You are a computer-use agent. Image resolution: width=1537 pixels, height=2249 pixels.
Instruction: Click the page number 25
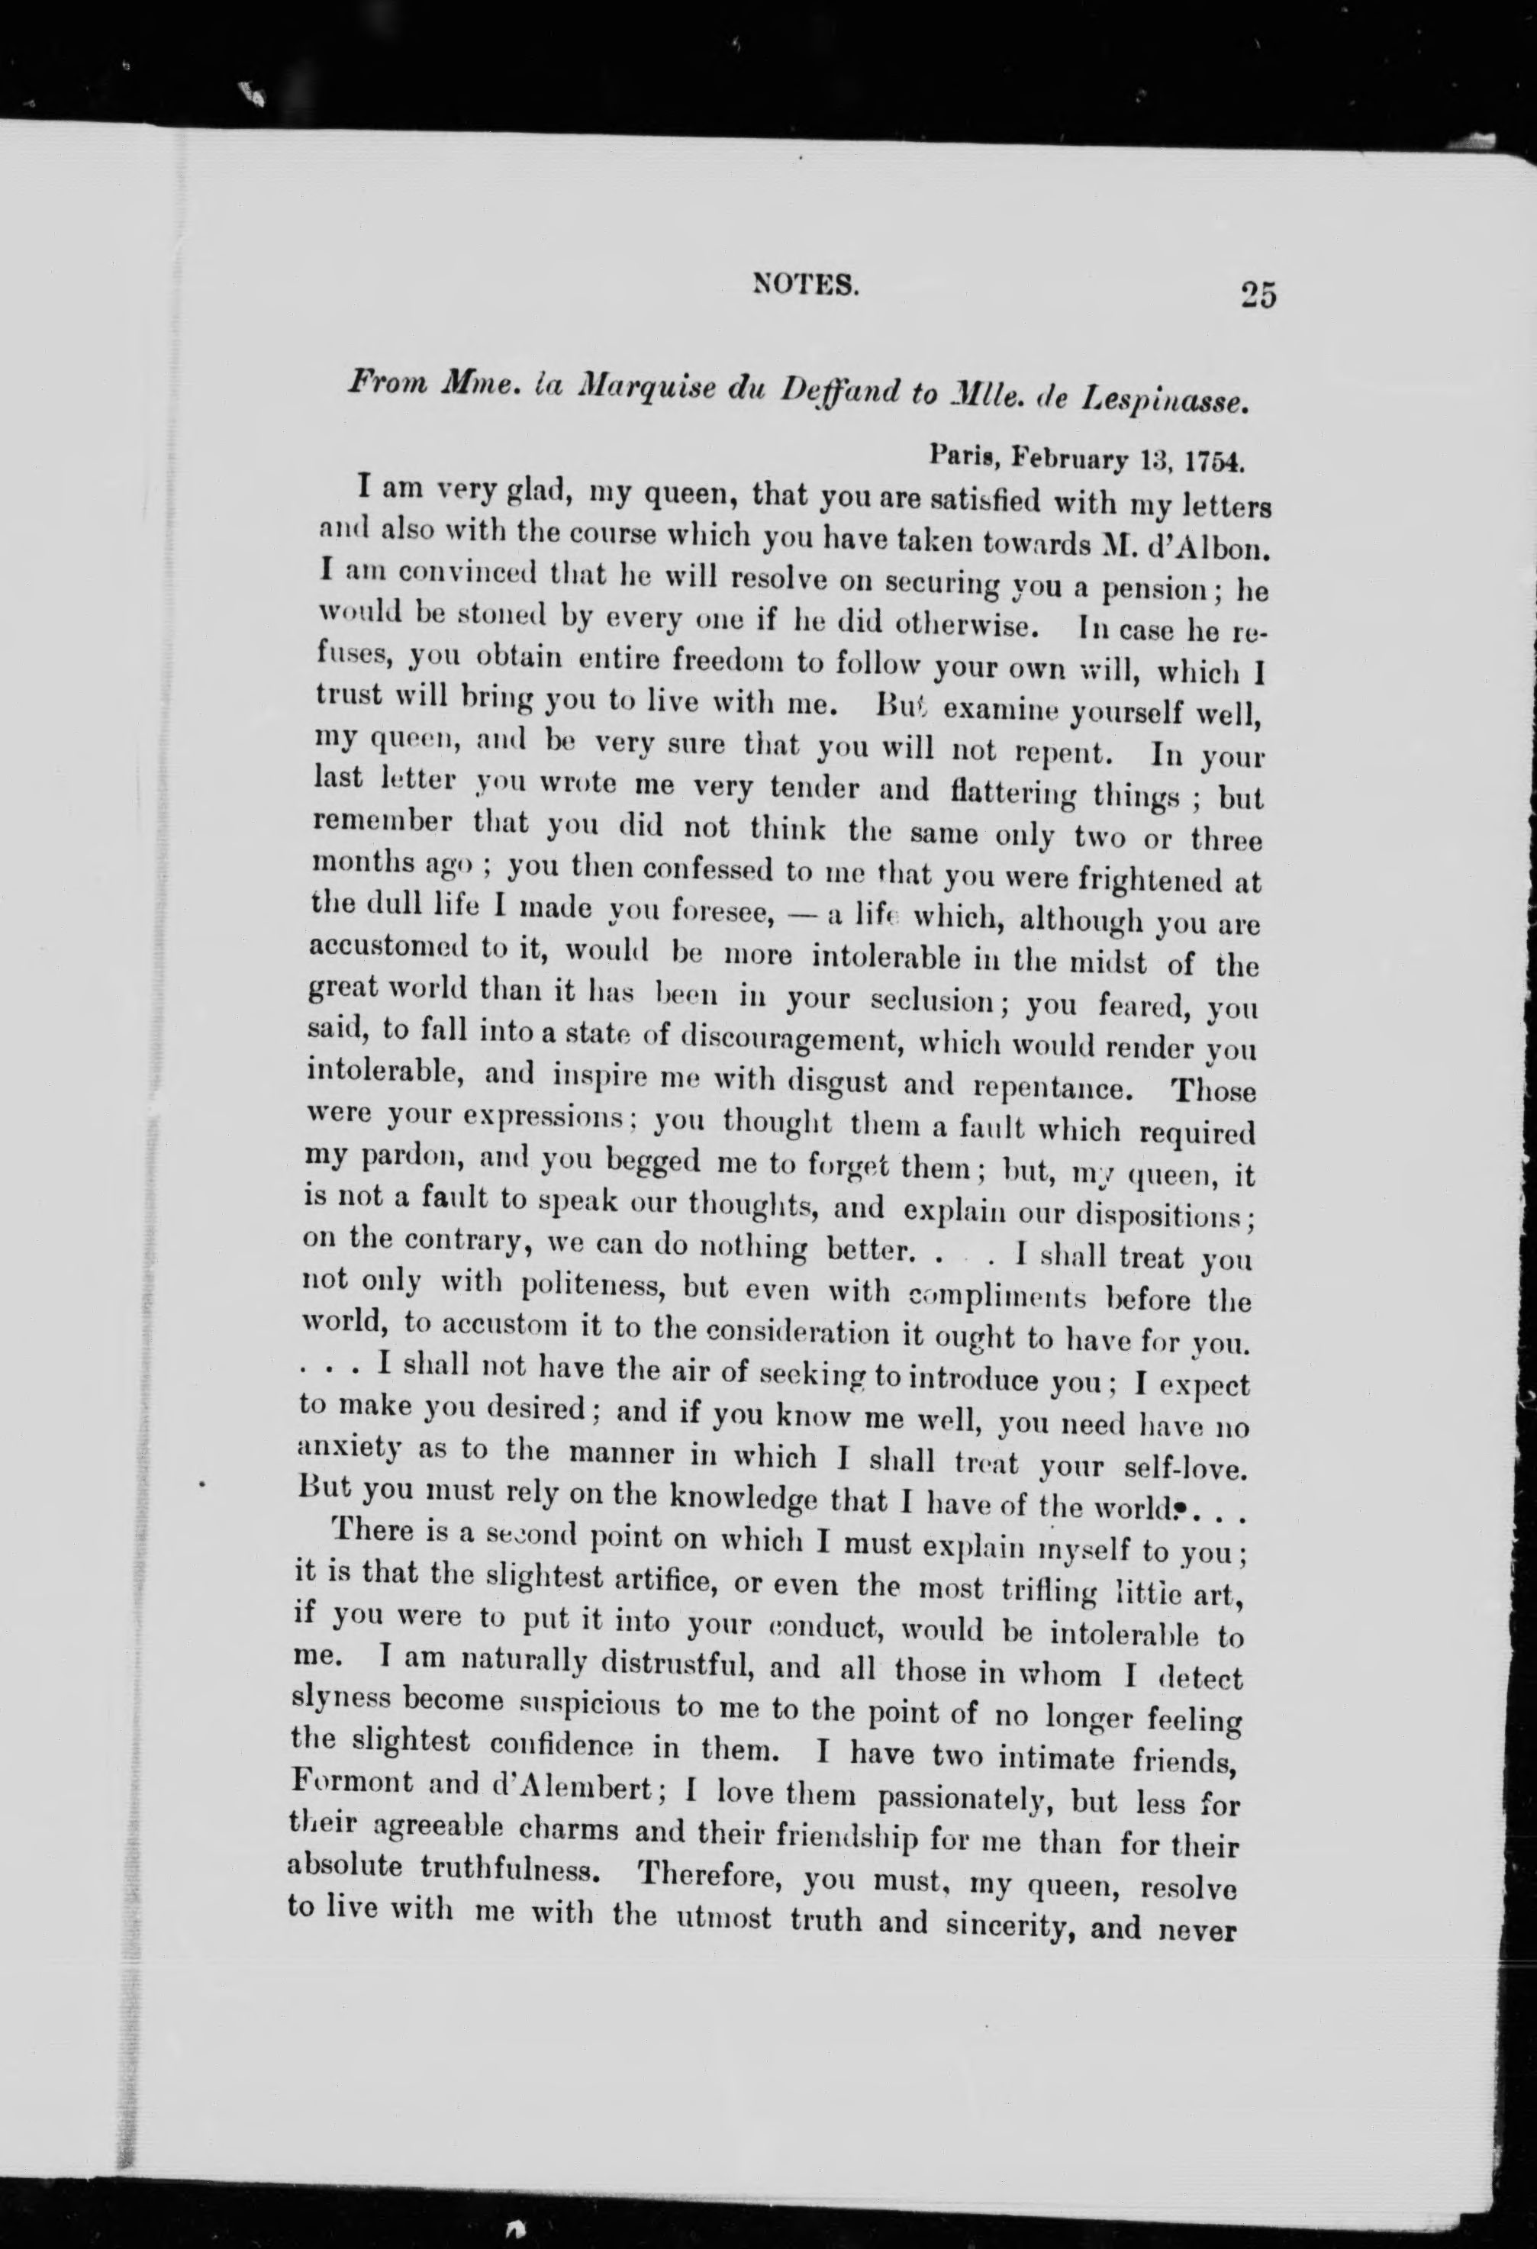coord(1255,293)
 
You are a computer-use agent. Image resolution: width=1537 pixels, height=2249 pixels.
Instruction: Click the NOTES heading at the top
coord(805,285)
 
